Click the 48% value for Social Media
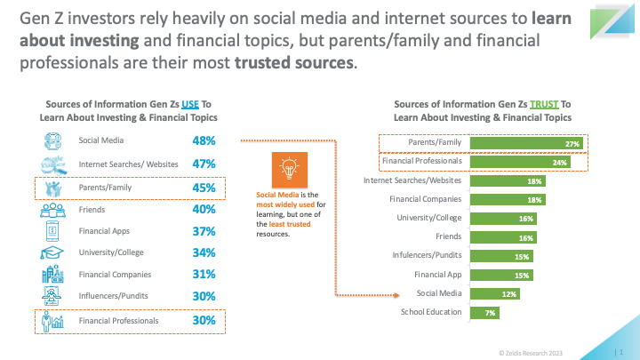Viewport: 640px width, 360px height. (204, 140)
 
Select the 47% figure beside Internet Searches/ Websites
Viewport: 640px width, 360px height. (204, 164)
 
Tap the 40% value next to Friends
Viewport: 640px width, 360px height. (204, 210)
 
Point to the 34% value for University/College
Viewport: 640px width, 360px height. (204, 252)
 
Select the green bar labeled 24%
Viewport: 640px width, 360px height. (523, 163)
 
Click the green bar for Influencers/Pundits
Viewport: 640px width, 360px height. (502, 256)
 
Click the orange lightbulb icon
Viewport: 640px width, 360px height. (289, 171)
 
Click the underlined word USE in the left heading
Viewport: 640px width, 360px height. (189, 104)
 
